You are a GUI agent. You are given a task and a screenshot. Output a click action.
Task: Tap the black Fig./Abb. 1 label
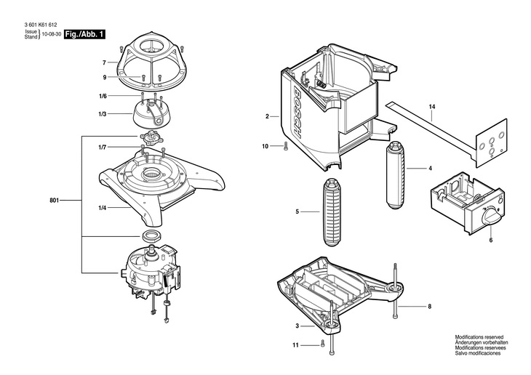coord(85,34)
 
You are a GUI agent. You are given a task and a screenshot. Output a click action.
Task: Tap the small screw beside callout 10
coord(286,147)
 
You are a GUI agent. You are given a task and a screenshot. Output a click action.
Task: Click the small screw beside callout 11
coord(321,344)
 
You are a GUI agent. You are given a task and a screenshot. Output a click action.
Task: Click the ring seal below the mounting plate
coord(151,237)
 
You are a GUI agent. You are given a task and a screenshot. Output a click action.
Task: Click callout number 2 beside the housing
coord(267,116)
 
